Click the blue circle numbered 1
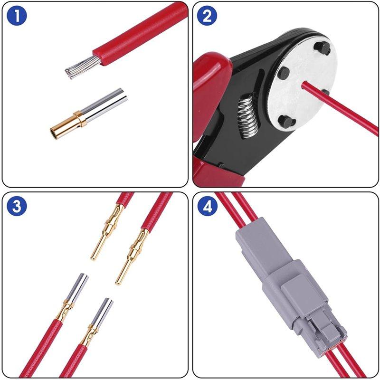(17, 16)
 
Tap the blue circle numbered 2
(207, 16)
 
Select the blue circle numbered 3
(17, 206)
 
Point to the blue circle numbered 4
(207, 206)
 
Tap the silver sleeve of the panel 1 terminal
(104, 104)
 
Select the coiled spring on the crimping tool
(247, 115)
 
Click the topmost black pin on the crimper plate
(323, 48)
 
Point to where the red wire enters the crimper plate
(304, 85)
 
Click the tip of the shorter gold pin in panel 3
(93, 258)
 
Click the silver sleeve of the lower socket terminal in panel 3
(102, 312)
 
